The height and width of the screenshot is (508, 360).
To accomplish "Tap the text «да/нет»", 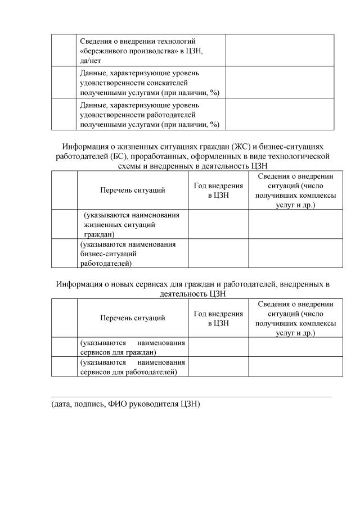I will click(91, 60).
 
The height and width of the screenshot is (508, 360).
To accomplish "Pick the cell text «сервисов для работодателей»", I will click(129, 371).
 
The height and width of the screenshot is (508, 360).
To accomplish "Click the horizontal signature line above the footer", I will click(191, 397).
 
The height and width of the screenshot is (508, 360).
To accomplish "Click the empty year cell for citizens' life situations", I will click(218, 224).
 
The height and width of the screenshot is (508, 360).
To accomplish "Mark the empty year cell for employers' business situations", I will click(218, 253).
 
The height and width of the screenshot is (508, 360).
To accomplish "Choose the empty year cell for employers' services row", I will click(218, 366).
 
